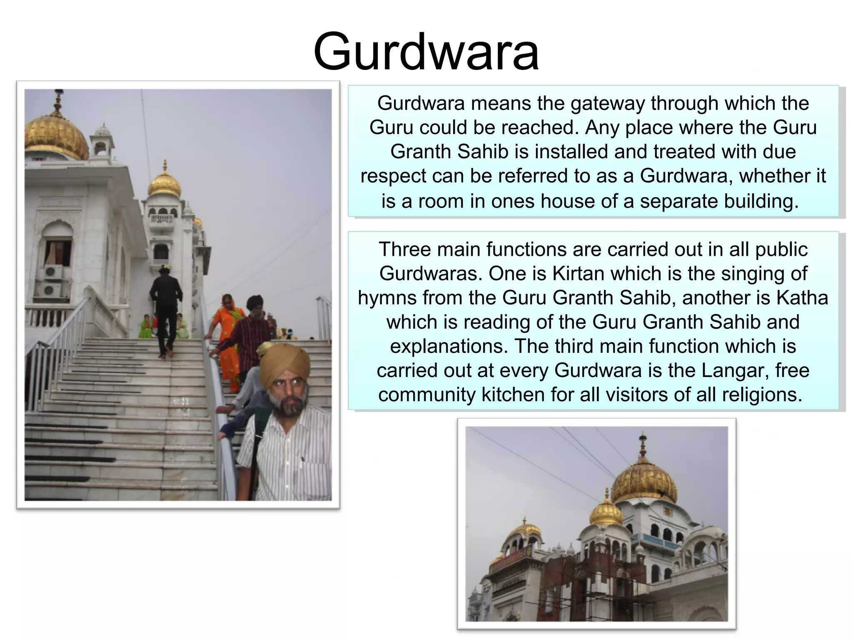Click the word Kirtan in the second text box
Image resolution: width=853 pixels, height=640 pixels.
pyautogui.click(x=576, y=274)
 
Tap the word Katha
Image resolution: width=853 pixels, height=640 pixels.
pyautogui.click(x=802, y=298)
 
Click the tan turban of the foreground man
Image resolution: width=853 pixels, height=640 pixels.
pyautogui.click(x=284, y=362)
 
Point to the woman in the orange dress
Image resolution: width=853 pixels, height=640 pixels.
pyautogui.click(x=227, y=329)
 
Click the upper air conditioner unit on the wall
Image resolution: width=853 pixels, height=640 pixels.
pyautogui.click(x=53, y=272)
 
